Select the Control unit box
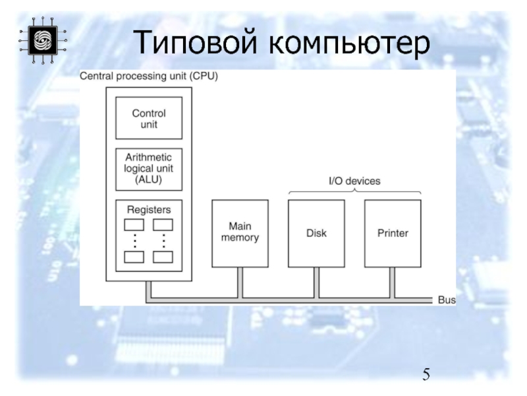point(149,118)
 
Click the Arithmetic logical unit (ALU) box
point(149,168)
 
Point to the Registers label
point(149,209)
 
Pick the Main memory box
point(240,233)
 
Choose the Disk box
point(317,233)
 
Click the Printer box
point(393,233)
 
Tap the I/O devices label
point(354,181)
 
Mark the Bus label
point(447,300)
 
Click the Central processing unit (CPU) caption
point(149,77)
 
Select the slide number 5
point(427,376)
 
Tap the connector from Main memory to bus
point(240,282)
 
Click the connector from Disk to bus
point(317,282)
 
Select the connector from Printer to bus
point(393,282)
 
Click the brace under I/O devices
point(354,191)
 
